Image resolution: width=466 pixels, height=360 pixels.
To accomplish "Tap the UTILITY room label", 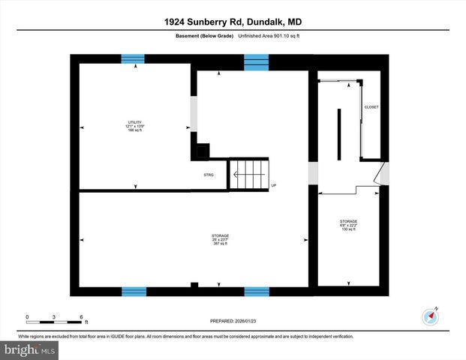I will (x=134, y=126).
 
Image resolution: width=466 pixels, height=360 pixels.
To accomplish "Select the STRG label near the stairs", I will (x=209, y=175).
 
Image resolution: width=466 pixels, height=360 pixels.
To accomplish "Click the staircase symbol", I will (x=248, y=175).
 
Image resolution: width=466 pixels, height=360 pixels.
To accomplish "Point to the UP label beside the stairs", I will (x=274, y=185).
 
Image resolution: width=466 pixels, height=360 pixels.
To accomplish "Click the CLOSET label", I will (x=371, y=107).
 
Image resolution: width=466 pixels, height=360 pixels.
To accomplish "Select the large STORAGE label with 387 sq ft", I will (x=220, y=239).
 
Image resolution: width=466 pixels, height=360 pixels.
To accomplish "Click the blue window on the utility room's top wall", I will (x=134, y=58).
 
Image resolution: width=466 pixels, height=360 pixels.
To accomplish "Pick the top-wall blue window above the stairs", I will (x=256, y=58).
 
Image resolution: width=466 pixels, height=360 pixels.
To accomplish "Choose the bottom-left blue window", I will (x=134, y=291).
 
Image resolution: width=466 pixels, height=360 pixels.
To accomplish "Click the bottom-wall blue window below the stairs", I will (x=256, y=291).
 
